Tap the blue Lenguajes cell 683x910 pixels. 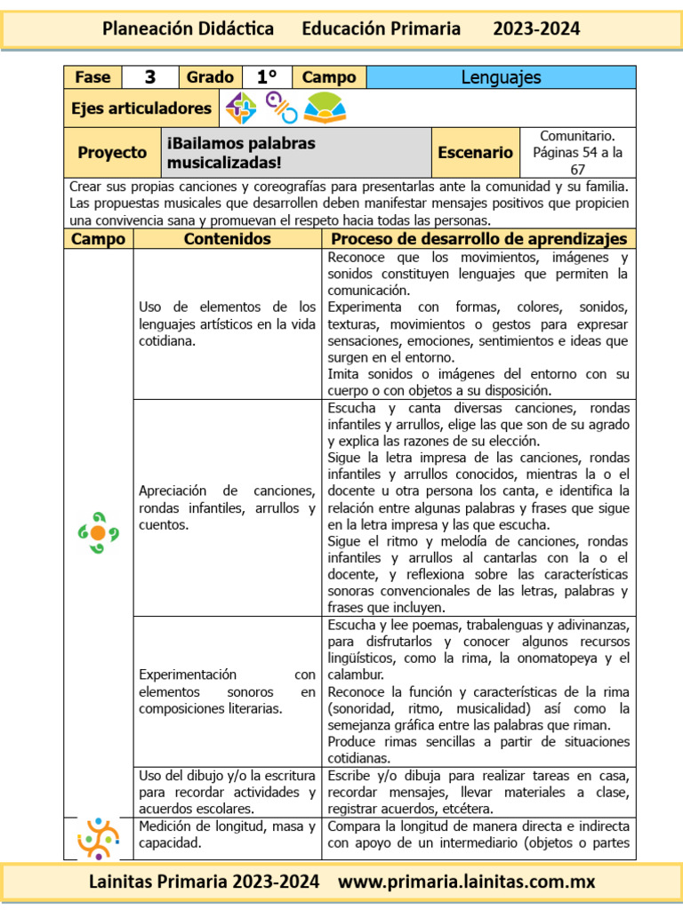[501, 77]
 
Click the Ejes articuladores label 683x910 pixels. [141, 108]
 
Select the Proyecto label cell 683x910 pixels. [112, 152]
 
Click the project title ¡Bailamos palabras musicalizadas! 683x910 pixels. [240, 152]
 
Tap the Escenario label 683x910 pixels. [475, 152]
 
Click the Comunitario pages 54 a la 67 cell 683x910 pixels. [577, 152]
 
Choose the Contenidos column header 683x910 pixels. [227, 239]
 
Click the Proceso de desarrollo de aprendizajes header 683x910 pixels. [478, 239]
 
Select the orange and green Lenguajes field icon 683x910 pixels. [98, 532]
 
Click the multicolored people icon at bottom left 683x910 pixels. [98, 839]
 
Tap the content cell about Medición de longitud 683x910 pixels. [227, 834]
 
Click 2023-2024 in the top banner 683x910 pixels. [536, 28]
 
